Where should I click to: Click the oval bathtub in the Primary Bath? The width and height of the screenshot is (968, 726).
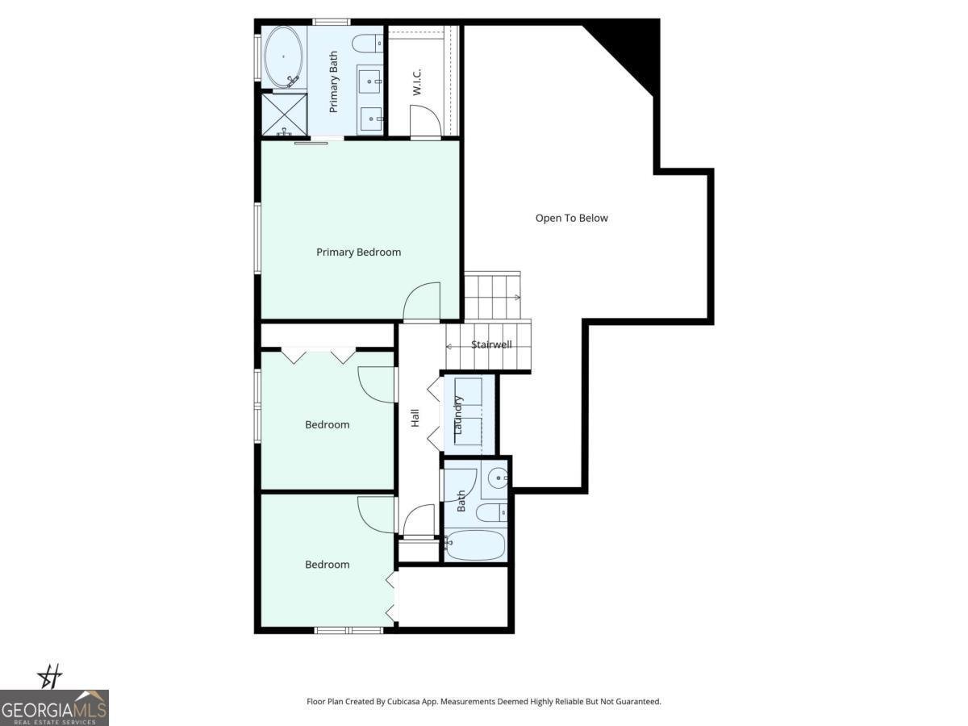[x=283, y=56]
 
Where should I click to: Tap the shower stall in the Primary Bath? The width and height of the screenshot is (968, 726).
[x=284, y=114]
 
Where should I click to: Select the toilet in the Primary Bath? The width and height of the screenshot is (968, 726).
[x=370, y=43]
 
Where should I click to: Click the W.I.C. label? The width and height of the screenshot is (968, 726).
[x=417, y=82]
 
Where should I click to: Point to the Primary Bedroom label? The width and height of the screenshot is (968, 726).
[x=358, y=252]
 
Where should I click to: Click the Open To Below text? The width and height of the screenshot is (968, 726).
[x=571, y=218]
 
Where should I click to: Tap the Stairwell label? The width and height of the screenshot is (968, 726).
[x=491, y=344]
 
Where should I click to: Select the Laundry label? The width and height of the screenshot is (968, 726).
[x=458, y=415]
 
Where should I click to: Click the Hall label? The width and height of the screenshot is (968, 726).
[x=415, y=418]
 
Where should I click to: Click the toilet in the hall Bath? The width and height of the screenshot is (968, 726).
[x=491, y=512]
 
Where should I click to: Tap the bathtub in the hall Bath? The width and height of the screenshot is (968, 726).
[x=475, y=544]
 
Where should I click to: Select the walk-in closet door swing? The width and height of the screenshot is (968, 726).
[x=424, y=122]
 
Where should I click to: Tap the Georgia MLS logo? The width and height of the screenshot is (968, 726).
[x=54, y=707]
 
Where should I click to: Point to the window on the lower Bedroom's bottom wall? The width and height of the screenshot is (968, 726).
[x=348, y=630]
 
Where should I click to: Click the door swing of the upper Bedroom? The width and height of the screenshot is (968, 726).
[x=375, y=383]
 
